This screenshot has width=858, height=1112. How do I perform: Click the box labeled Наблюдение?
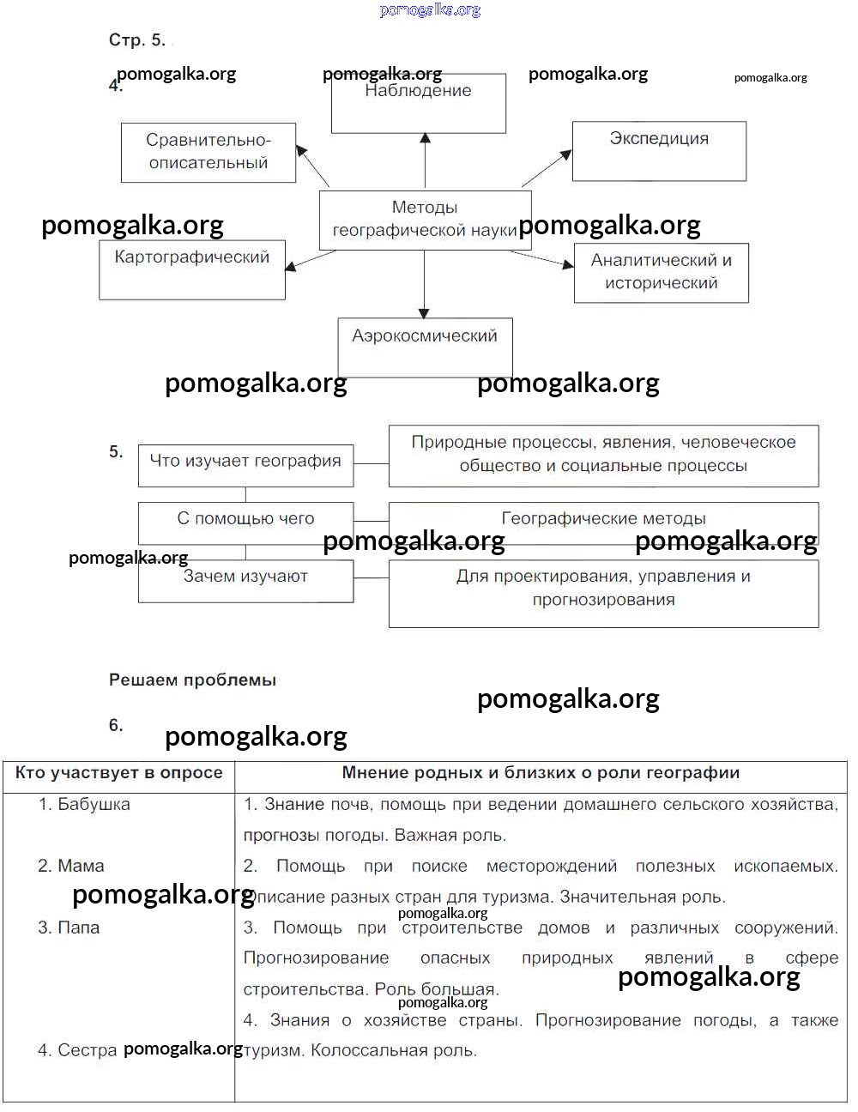point(419,103)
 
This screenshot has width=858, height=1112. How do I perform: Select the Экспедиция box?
point(659,151)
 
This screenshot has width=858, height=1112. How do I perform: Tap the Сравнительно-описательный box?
point(208,152)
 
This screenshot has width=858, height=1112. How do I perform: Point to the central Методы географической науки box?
point(425,219)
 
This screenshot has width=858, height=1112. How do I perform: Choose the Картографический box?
point(192,269)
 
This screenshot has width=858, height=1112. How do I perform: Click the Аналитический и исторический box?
point(662,272)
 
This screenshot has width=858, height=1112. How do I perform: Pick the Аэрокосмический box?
point(425,347)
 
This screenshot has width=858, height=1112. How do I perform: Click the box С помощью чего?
point(245,519)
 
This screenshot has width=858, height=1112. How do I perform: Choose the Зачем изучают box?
point(245,580)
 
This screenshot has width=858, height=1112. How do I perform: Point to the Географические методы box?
point(603,519)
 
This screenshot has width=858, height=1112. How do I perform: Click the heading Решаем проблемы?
point(192,680)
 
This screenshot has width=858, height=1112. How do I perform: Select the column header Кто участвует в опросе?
point(119,773)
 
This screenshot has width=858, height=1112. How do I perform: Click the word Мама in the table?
point(81,867)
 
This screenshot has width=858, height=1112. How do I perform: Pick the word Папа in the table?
point(78,928)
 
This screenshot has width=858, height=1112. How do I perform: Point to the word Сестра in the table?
point(87,1051)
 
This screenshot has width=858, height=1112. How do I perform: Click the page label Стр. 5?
point(136,40)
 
